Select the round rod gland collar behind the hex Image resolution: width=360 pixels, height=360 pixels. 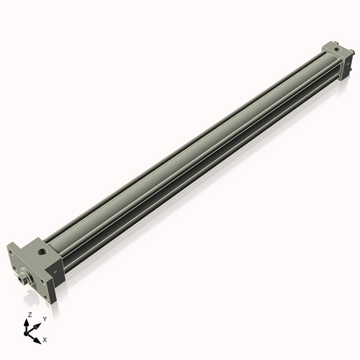click(x=31, y=274)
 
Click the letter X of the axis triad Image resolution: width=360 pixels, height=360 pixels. click(x=45, y=338)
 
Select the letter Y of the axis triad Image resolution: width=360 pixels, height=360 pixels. click(x=44, y=318)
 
